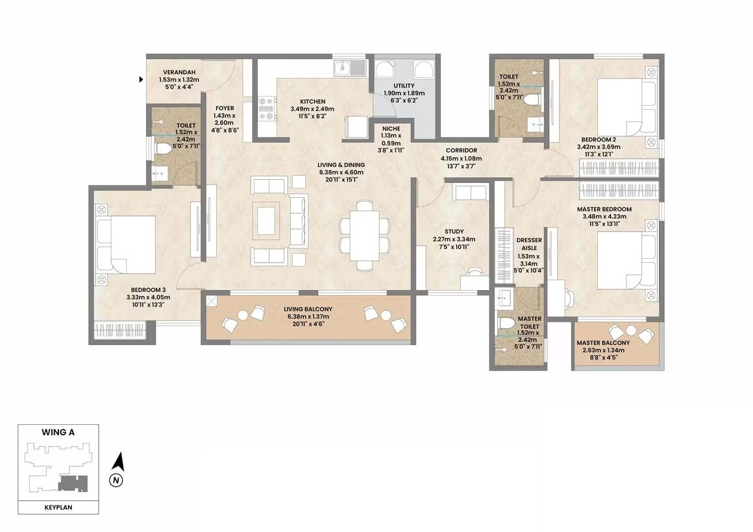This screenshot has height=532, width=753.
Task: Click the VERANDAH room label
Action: pyautogui.click(x=179, y=73)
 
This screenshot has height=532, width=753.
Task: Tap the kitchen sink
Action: pyautogui.click(x=350, y=67)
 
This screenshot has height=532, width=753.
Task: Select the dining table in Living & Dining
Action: pyautogui.click(x=365, y=236)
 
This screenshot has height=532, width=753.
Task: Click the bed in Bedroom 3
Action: pyautogui.click(x=127, y=245)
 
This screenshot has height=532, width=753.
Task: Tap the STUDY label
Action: pyautogui.click(x=454, y=232)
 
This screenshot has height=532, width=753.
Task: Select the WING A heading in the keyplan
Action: pyautogui.click(x=58, y=432)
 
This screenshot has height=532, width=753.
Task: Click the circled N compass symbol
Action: pyautogui.click(x=116, y=479)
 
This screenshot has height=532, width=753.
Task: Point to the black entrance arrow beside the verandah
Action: pyautogui.click(x=142, y=79)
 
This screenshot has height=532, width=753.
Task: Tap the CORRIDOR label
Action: pyautogui.click(x=461, y=151)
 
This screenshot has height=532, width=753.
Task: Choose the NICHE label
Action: pyautogui.click(x=391, y=128)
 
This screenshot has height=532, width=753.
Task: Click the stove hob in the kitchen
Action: pyautogui.click(x=267, y=108)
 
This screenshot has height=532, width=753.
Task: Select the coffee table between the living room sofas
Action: pyautogui.click(x=267, y=221)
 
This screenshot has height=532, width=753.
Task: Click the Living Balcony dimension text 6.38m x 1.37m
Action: pyautogui.click(x=308, y=317)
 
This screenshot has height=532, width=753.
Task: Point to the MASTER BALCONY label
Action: pyautogui.click(x=603, y=343)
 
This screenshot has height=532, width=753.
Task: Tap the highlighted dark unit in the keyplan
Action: pyautogui.click(x=73, y=483)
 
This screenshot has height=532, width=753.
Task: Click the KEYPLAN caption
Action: pyautogui.click(x=58, y=507)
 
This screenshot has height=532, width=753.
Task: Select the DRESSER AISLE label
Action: pyautogui.click(x=529, y=244)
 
